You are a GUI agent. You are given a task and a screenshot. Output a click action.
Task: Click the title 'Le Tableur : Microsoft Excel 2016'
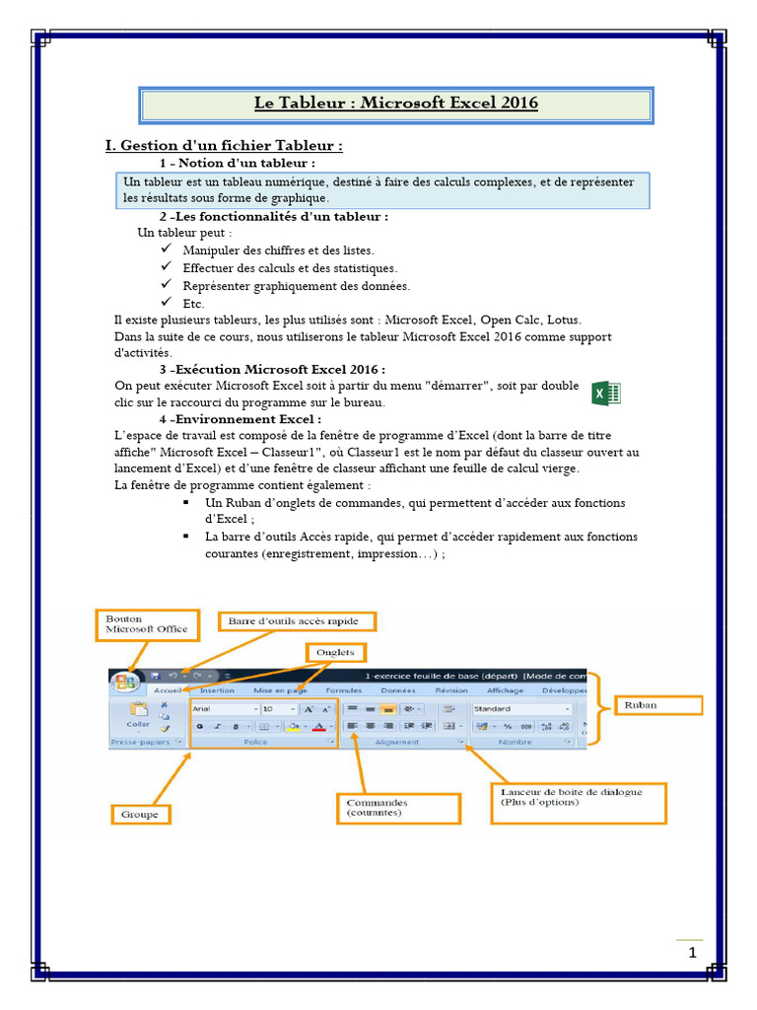(x=396, y=104)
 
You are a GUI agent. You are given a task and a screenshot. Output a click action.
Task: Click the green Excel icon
(x=605, y=393)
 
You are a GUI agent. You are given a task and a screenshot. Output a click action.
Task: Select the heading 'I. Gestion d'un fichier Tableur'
(x=224, y=146)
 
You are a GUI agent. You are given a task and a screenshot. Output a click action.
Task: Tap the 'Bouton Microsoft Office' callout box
(x=147, y=624)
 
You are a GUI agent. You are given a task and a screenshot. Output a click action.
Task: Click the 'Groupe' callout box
(x=139, y=815)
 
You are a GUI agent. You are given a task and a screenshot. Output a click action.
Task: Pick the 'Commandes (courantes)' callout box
(x=398, y=808)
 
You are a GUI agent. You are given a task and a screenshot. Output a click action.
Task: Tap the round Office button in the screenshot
(x=126, y=683)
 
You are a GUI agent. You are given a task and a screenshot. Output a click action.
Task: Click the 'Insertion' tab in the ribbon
(x=217, y=691)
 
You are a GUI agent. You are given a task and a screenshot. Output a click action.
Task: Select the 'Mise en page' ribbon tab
(x=280, y=691)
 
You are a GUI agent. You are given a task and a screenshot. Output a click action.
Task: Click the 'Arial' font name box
(x=223, y=709)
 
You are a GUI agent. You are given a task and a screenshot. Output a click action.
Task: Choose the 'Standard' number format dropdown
(x=520, y=709)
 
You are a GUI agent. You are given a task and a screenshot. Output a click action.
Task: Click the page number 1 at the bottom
(x=692, y=953)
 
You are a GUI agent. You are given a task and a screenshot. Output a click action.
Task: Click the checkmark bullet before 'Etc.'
(x=166, y=303)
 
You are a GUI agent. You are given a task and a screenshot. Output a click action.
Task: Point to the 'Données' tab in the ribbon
(x=397, y=691)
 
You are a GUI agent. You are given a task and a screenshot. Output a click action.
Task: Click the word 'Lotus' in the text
(x=564, y=321)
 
